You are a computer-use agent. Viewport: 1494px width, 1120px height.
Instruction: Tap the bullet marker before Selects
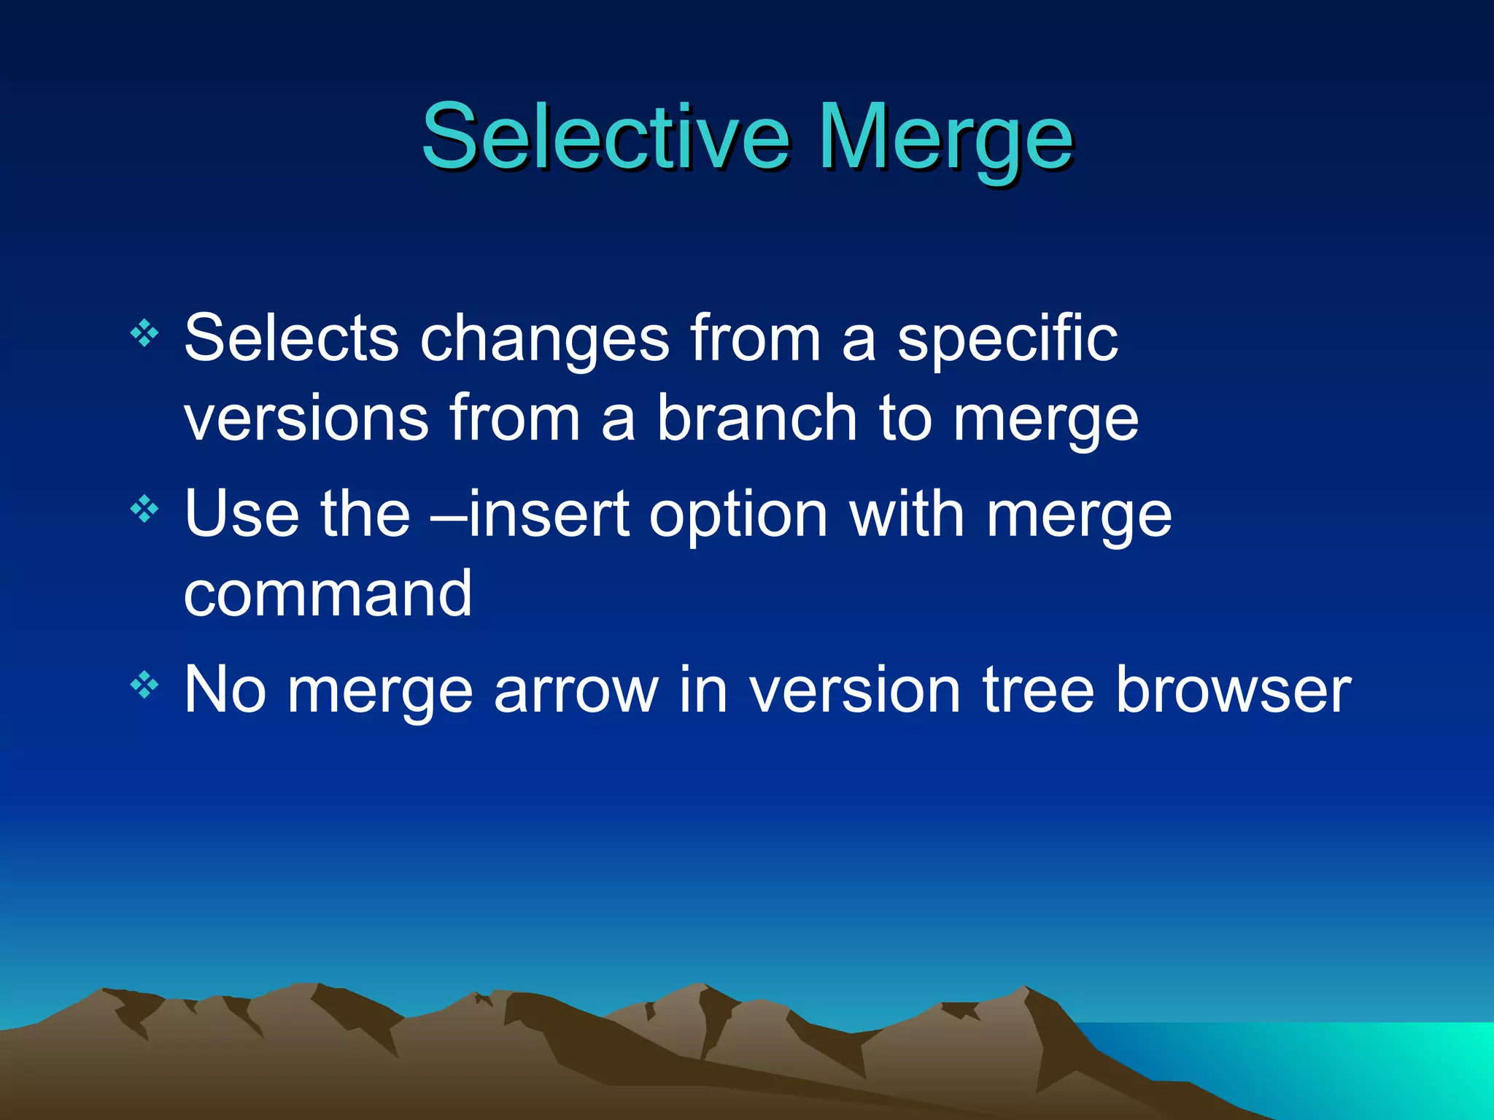pos(144,333)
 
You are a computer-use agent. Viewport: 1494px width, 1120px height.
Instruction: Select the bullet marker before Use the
pos(144,509)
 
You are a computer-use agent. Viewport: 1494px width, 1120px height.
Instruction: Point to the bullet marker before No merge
pos(144,685)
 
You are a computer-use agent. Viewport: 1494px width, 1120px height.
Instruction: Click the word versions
pos(306,419)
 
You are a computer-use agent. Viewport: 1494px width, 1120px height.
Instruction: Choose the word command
pos(328,594)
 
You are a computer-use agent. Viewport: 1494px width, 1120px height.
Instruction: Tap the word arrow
pos(576,691)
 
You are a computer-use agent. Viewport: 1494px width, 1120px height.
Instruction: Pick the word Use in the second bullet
pos(241,514)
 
